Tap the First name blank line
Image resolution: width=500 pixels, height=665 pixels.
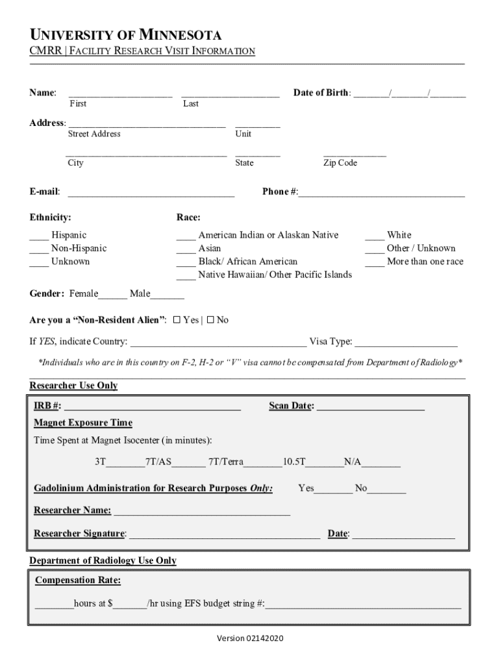(x=120, y=94)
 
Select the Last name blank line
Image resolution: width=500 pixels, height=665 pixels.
(x=231, y=94)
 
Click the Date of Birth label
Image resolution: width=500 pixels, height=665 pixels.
(x=321, y=93)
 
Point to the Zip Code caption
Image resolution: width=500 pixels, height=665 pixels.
(x=340, y=163)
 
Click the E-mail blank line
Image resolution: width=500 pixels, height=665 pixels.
(x=151, y=194)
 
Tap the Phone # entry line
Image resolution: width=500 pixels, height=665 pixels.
(x=382, y=194)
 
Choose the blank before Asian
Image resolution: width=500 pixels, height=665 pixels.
(x=186, y=251)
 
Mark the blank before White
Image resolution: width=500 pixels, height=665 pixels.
(x=374, y=238)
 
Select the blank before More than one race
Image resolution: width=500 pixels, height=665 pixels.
(x=374, y=264)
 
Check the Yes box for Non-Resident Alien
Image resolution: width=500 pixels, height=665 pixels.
(x=177, y=320)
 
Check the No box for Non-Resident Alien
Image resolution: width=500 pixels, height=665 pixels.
(x=210, y=320)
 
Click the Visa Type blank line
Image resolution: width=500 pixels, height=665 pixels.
(x=406, y=344)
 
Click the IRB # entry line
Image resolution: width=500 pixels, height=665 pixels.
(x=152, y=408)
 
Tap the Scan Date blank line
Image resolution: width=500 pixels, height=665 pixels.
(x=371, y=408)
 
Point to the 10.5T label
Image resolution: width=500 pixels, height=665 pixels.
(x=294, y=462)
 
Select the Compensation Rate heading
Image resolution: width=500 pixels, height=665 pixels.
(x=78, y=580)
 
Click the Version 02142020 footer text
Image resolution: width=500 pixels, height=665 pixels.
(x=250, y=639)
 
